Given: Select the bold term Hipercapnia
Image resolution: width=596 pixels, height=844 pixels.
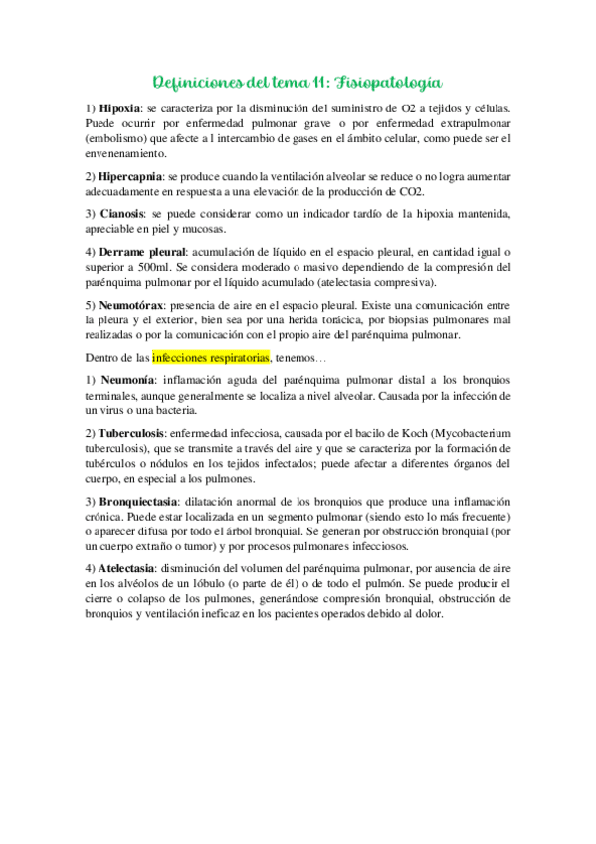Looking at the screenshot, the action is click(132, 176).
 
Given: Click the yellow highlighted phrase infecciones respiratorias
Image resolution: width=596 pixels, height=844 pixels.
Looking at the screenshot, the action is click(211, 357).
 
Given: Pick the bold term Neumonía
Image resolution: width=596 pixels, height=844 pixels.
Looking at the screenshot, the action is click(126, 381).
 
